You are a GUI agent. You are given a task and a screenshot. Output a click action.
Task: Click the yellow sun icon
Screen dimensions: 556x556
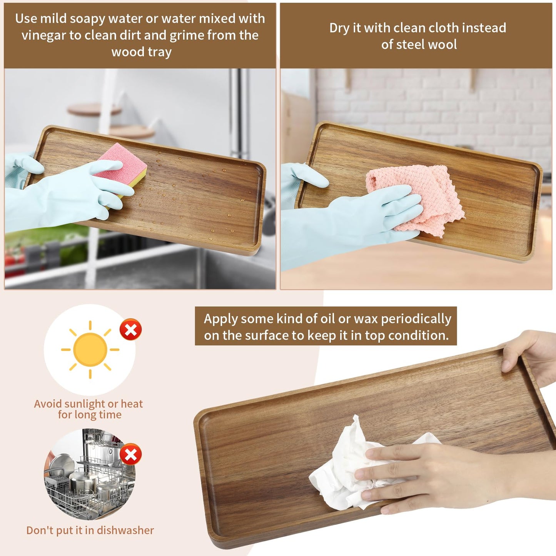point(90,349)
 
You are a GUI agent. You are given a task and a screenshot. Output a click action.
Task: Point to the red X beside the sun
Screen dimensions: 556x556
point(130,329)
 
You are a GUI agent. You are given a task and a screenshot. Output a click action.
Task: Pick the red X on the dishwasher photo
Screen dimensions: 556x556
point(130,454)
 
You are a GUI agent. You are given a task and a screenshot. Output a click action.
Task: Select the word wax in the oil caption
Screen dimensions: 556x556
point(366,319)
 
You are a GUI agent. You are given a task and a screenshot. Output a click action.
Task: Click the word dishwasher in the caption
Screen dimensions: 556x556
point(125,530)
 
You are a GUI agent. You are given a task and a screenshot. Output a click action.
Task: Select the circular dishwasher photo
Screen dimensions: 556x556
point(89,474)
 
